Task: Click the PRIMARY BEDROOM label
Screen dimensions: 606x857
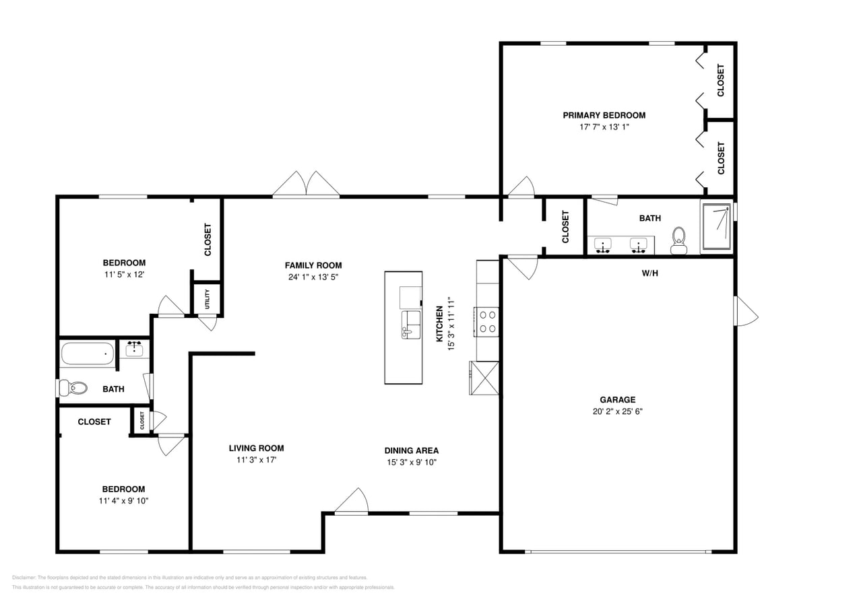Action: [x=604, y=115]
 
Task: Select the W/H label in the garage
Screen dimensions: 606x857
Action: [x=649, y=273]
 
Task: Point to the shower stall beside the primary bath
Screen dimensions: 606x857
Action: [x=716, y=227]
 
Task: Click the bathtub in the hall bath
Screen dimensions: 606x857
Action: [x=88, y=353]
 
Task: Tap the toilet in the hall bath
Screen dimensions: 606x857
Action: [x=73, y=388]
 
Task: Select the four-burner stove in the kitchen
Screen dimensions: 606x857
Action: [x=487, y=321]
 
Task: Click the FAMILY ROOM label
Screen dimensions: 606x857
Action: [x=313, y=265]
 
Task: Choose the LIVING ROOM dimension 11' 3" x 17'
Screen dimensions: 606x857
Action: [x=256, y=460]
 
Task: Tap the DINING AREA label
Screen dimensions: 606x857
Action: [x=411, y=450]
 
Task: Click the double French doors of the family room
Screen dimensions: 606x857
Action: [x=306, y=184]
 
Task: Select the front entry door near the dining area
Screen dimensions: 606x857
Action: [x=352, y=502]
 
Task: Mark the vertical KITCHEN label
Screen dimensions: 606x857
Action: [x=439, y=323]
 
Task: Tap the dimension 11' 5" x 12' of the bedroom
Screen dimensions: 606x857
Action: [x=124, y=275]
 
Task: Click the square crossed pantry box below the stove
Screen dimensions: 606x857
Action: [x=484, y=378]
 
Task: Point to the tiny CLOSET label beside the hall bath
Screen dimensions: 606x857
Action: [x=142, y=421]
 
